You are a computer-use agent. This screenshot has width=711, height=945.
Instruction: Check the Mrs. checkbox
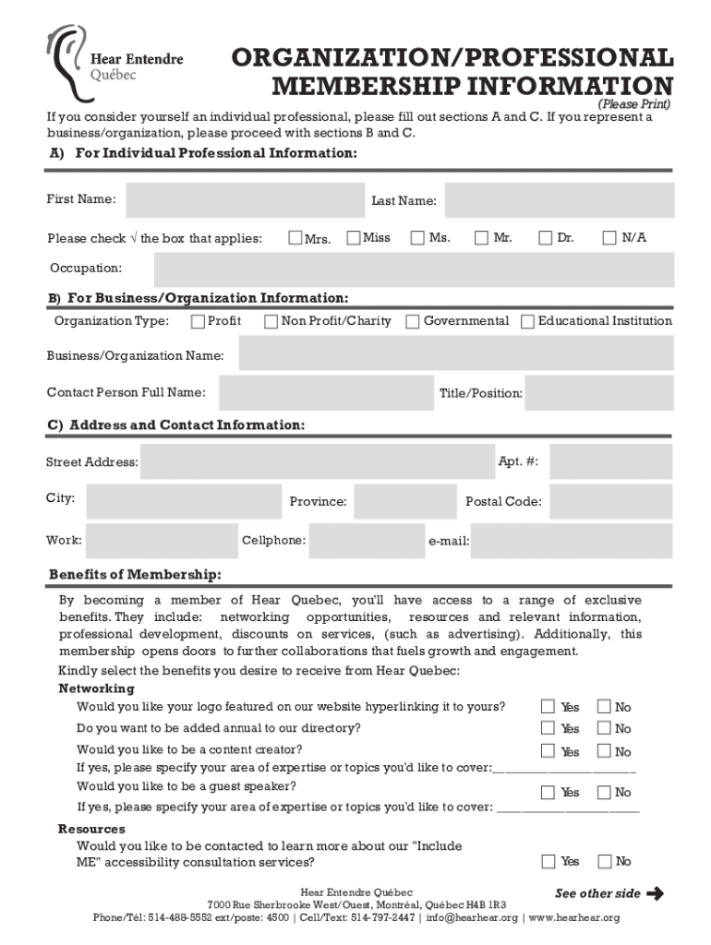coord(296,239)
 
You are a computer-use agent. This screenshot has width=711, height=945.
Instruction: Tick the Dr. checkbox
coord(545,239)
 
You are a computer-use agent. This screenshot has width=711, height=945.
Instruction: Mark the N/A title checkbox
coord(609,239)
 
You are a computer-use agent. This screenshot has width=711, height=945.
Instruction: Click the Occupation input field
coord(414,269)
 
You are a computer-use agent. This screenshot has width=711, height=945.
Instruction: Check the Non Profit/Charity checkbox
coord(271,322)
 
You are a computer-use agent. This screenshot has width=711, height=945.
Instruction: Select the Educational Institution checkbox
coord(527,322)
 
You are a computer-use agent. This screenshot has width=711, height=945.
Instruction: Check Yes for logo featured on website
coord(548,707)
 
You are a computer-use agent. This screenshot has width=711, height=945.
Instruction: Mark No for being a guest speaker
coord(604,792)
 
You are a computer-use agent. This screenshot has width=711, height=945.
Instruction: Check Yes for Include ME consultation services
coord(548,862)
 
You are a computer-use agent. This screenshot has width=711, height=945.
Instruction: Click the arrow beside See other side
coord(656,893)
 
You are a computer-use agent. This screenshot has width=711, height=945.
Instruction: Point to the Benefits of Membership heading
coord(135,576)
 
